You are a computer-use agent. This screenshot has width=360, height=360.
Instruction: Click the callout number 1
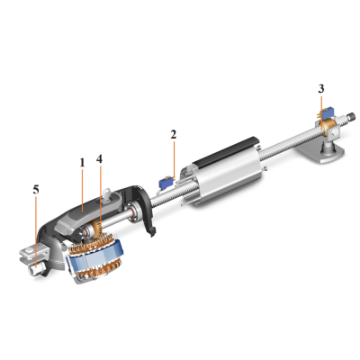pos(82,163)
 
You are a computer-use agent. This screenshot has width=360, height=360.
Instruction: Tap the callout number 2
pos(174,135)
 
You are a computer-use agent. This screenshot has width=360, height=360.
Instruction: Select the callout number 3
pos(321,89)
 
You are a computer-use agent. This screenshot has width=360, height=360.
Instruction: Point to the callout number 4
pos(99,159)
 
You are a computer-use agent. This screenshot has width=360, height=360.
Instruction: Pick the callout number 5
pos(36,190)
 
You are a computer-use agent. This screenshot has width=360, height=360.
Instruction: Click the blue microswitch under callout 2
pos(166,183)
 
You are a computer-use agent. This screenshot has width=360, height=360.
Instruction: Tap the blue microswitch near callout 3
pos(327,113)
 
